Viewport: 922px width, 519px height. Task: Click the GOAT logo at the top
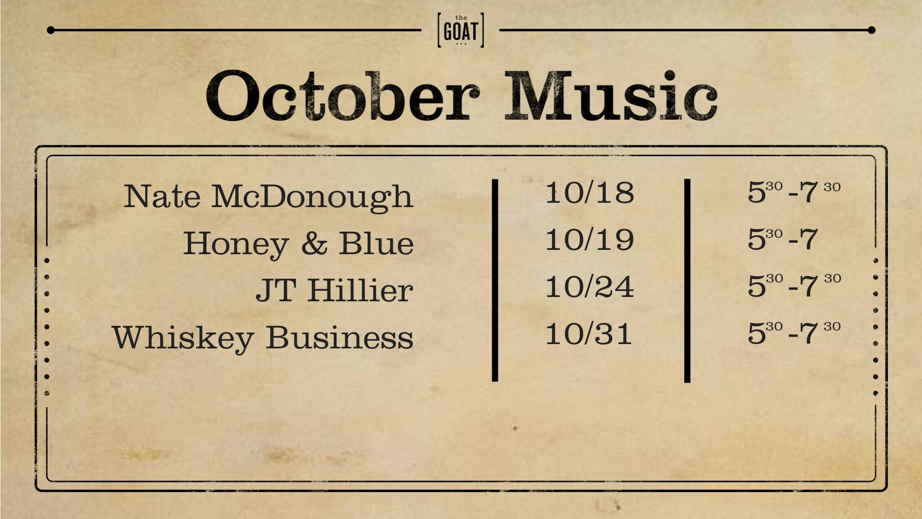pyautogui.click(x=461, y=30)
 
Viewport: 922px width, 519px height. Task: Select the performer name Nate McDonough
pyautogui.click(x=268, y=197)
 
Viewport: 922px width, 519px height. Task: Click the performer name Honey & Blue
pyautogui.click(x=298, y=243)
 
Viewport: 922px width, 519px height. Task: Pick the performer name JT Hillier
pyautogui.click(x=334, y=290)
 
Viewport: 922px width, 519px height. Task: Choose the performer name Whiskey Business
pyautogui.click(x=263, y=337)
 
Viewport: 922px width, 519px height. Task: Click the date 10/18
pyautogui.click(x=590, y=192)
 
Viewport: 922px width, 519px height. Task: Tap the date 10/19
pyautogui.click(x=590, y=239)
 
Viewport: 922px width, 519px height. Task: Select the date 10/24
pyautogui.click(x=590, y=286)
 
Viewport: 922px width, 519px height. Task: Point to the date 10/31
pyautogui.click(x=588, y=334)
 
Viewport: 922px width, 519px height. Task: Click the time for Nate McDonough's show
pyautogui.click(x=794, y=192)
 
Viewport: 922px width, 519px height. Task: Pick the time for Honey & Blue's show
pyautogui.click(x=783, y=239)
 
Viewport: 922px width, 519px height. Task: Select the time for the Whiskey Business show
pyautogui.click(x=794, y=333)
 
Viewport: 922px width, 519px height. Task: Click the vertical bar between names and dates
pyautogui.click(x=495, y=280)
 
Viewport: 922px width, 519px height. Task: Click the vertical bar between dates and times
pyautogui.click(x=687, y=281)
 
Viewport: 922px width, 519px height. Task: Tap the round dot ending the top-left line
pyautogui.click(x=50, y=30)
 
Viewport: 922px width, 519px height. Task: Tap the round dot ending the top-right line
pyautogui.click(x=872, y=30)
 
